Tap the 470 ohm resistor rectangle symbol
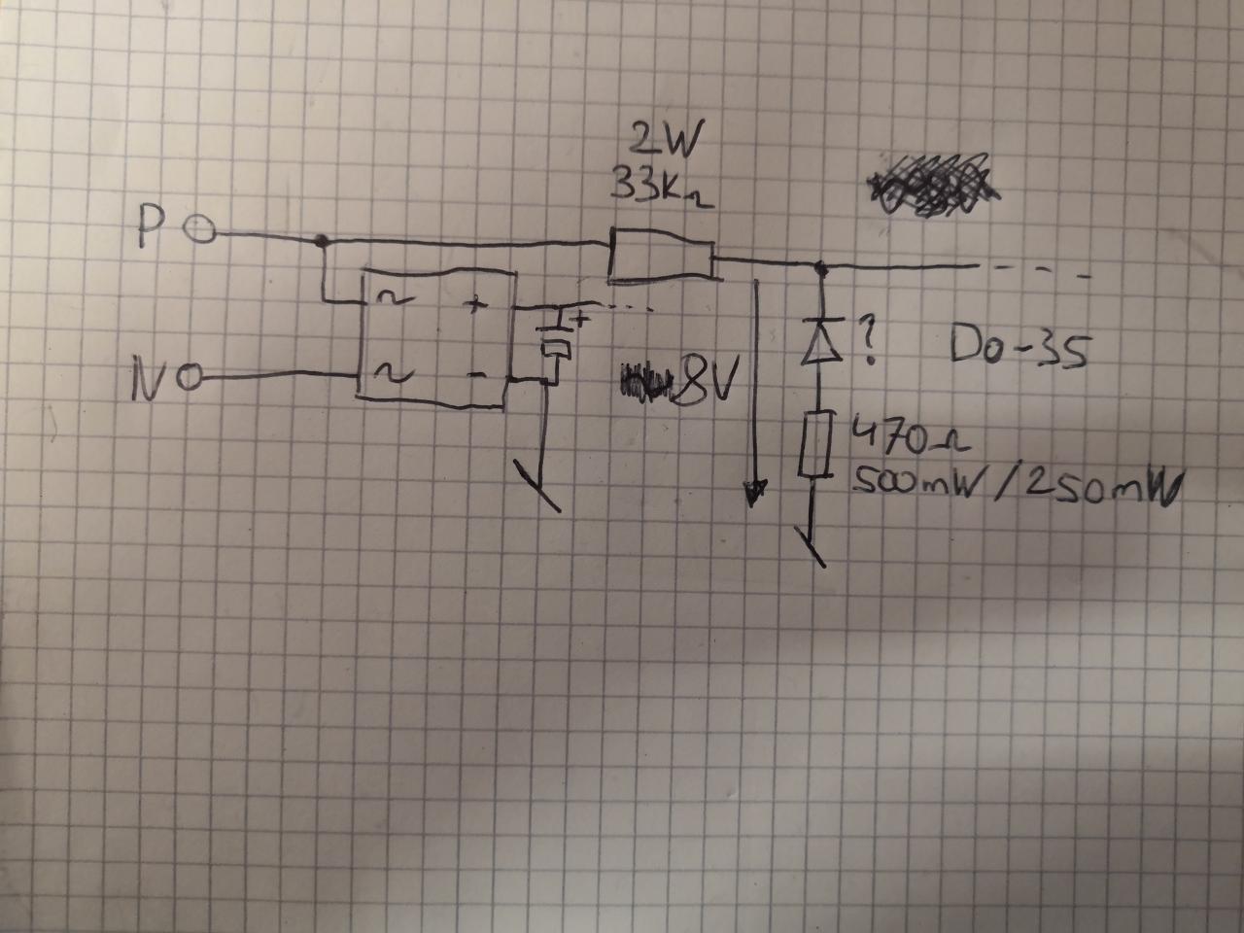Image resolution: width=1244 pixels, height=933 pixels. coord(813,444)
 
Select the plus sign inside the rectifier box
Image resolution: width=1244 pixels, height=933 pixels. coord(475,306)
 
